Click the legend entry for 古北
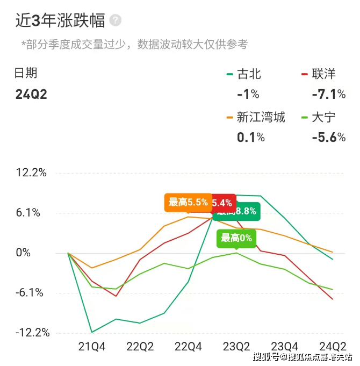coord(249,74)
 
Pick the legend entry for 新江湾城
coord(261,117)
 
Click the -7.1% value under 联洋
coord(328,95)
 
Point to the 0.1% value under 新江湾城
coord(250,137)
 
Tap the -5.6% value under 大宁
coord(328,137)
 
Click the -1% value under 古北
coord(248,95)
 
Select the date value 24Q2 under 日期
coord(31,95)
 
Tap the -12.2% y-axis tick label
coord(32,333)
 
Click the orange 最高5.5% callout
coord(188,203)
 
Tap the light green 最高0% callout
coord(236,238)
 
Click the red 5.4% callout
coord(224,203)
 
